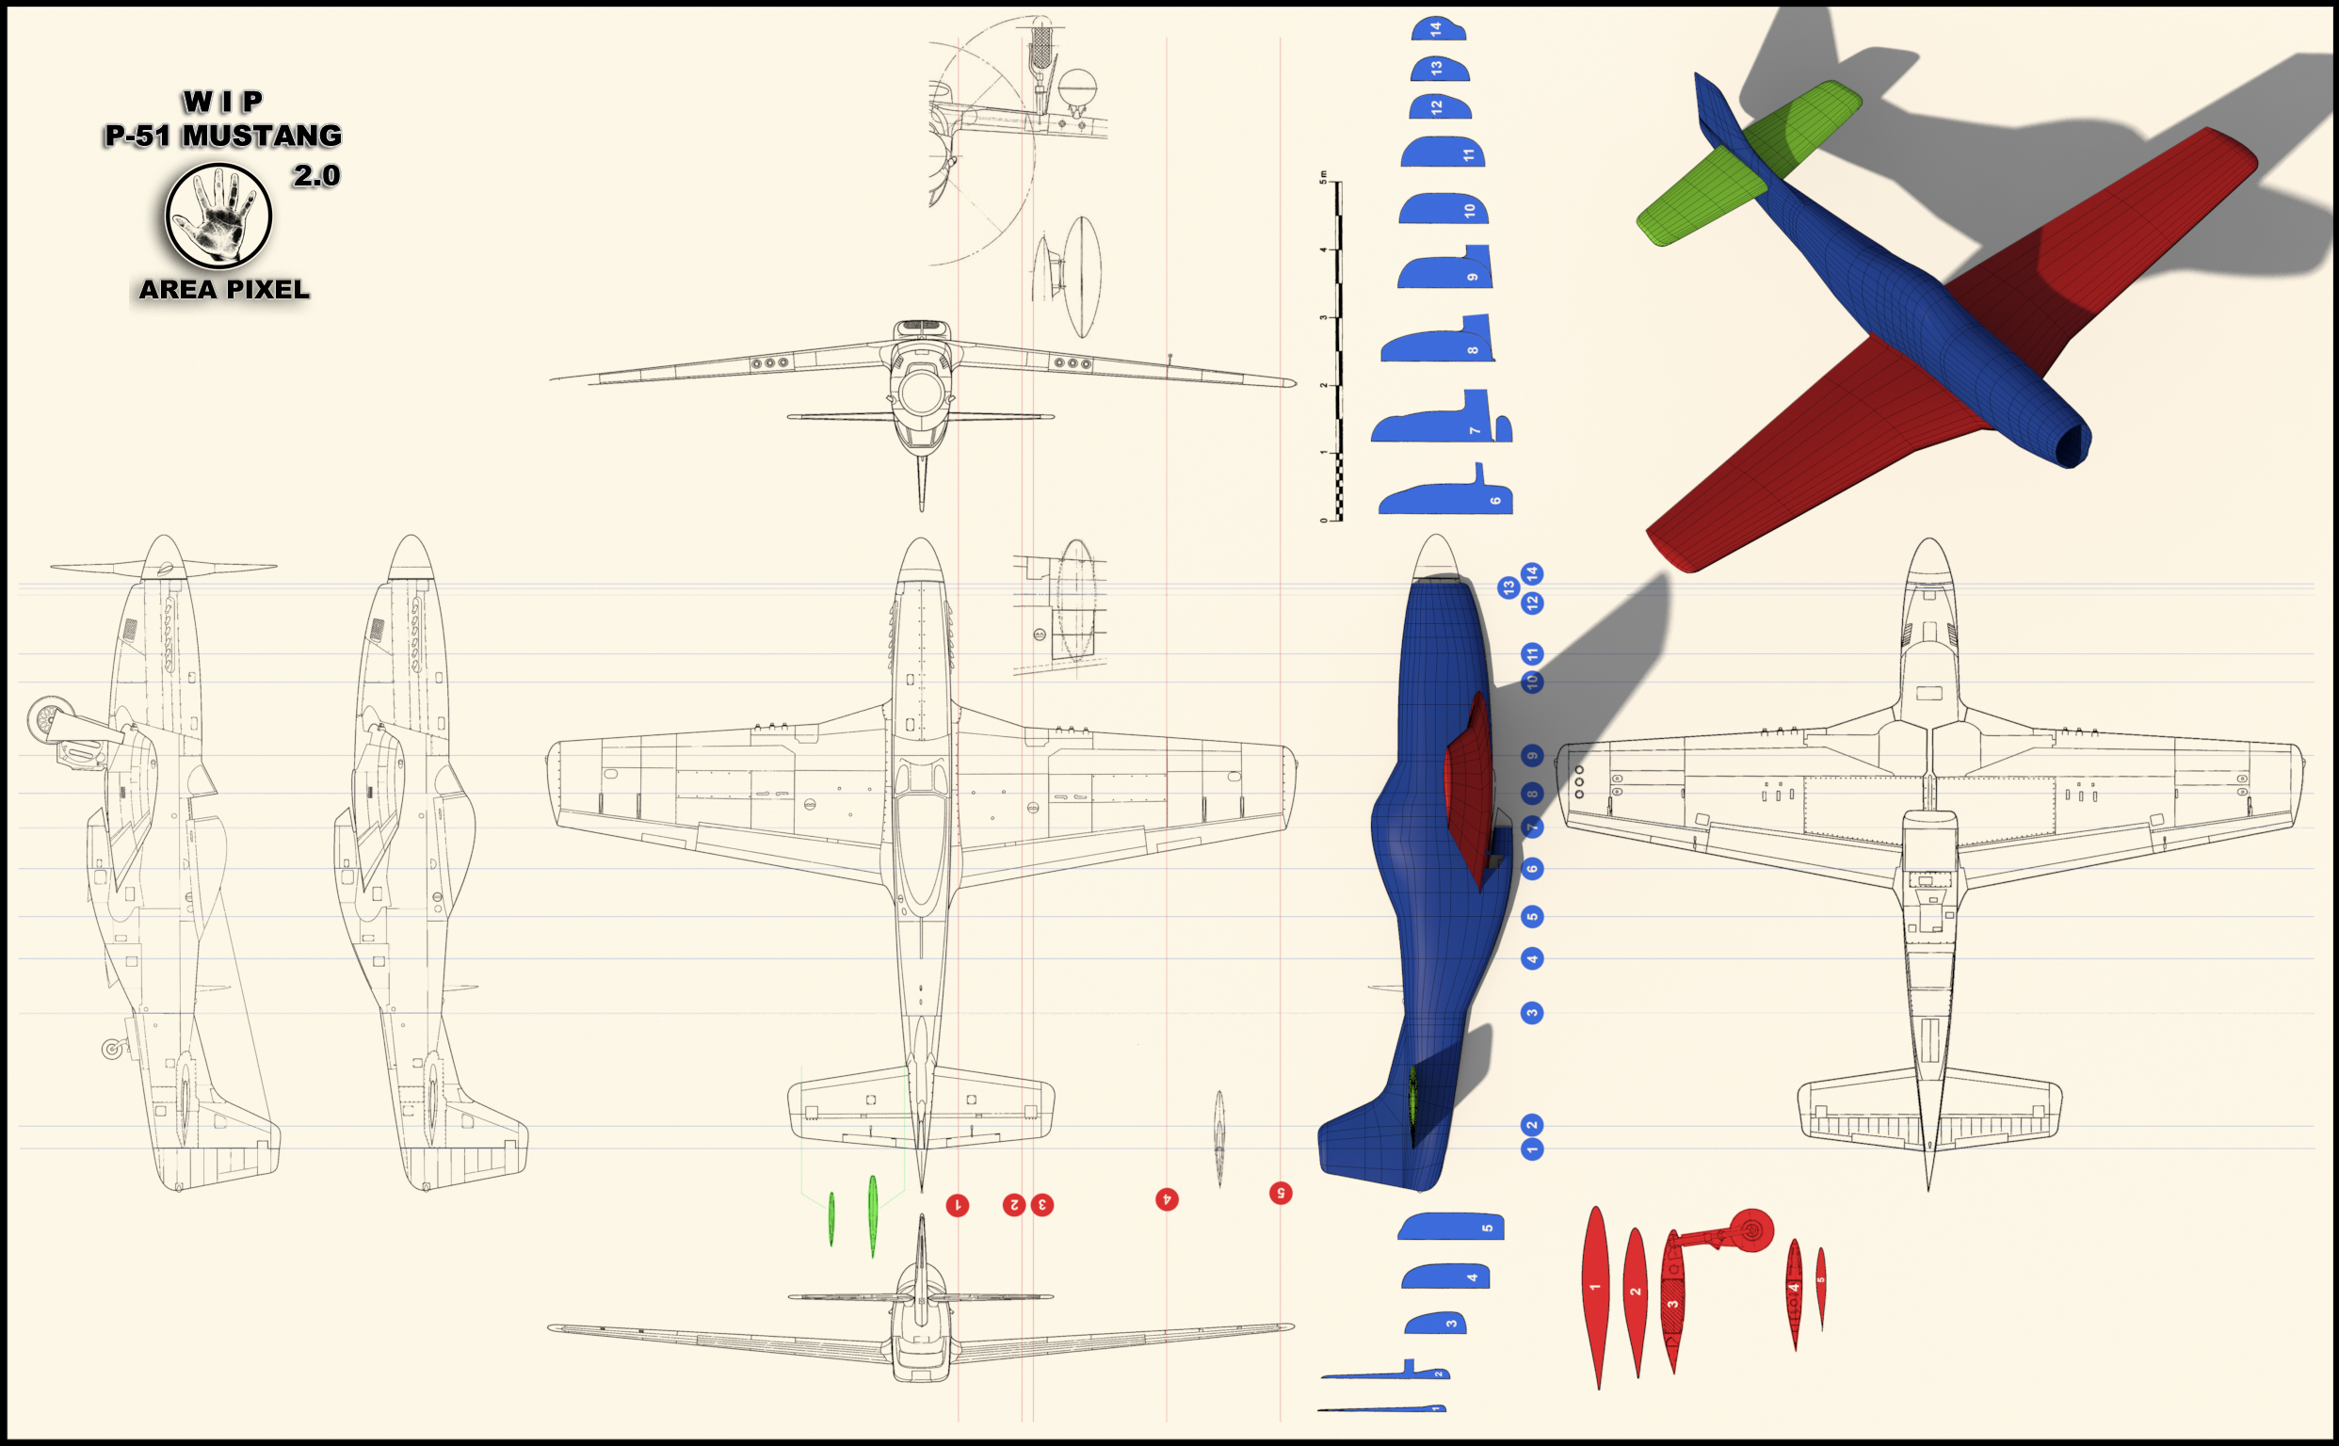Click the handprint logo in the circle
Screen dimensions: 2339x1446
219,216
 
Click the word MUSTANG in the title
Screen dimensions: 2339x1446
262,136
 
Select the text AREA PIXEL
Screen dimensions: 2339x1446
224,289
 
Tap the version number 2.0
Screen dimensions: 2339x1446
316,176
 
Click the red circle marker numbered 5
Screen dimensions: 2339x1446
1280,1193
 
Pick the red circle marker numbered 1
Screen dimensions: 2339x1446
958,1205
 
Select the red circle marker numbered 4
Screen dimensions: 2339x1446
1166,1199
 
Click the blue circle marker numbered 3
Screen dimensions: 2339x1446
1532,1013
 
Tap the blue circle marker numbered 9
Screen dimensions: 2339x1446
1532,756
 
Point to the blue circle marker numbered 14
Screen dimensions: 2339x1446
1532,574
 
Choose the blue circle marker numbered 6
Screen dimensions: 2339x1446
1532,868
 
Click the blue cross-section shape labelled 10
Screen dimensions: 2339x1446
1444,208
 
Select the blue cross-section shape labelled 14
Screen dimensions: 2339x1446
1438,28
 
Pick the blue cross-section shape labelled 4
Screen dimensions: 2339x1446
1445,1276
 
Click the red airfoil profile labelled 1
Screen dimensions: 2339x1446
1595,1296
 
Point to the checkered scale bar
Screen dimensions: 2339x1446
1338,351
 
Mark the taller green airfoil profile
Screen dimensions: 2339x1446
873,1215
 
